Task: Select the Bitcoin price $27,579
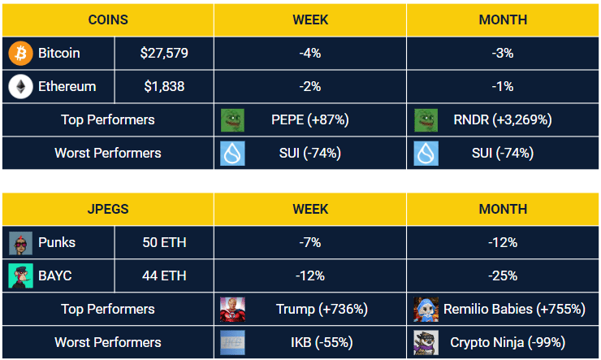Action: click(164, 53)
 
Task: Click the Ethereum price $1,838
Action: click(164, 86)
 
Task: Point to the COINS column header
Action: click(107, 19)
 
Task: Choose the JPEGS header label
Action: click(107, 209)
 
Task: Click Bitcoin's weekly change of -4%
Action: click(310, 53)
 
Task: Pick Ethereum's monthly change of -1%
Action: click(503, 86)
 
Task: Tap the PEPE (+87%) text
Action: click(310, 119)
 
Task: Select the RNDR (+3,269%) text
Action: click(503, 119)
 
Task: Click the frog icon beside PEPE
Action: click(233, 119)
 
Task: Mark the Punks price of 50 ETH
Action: click(164, 242)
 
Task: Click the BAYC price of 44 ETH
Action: click(164, 275)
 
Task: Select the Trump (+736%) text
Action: click(322, 309)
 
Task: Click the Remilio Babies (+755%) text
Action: click(514, 309)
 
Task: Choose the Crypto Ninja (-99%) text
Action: click(508, 342)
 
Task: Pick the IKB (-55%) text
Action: click(310, 342)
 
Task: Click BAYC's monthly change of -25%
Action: click(503, 275)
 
